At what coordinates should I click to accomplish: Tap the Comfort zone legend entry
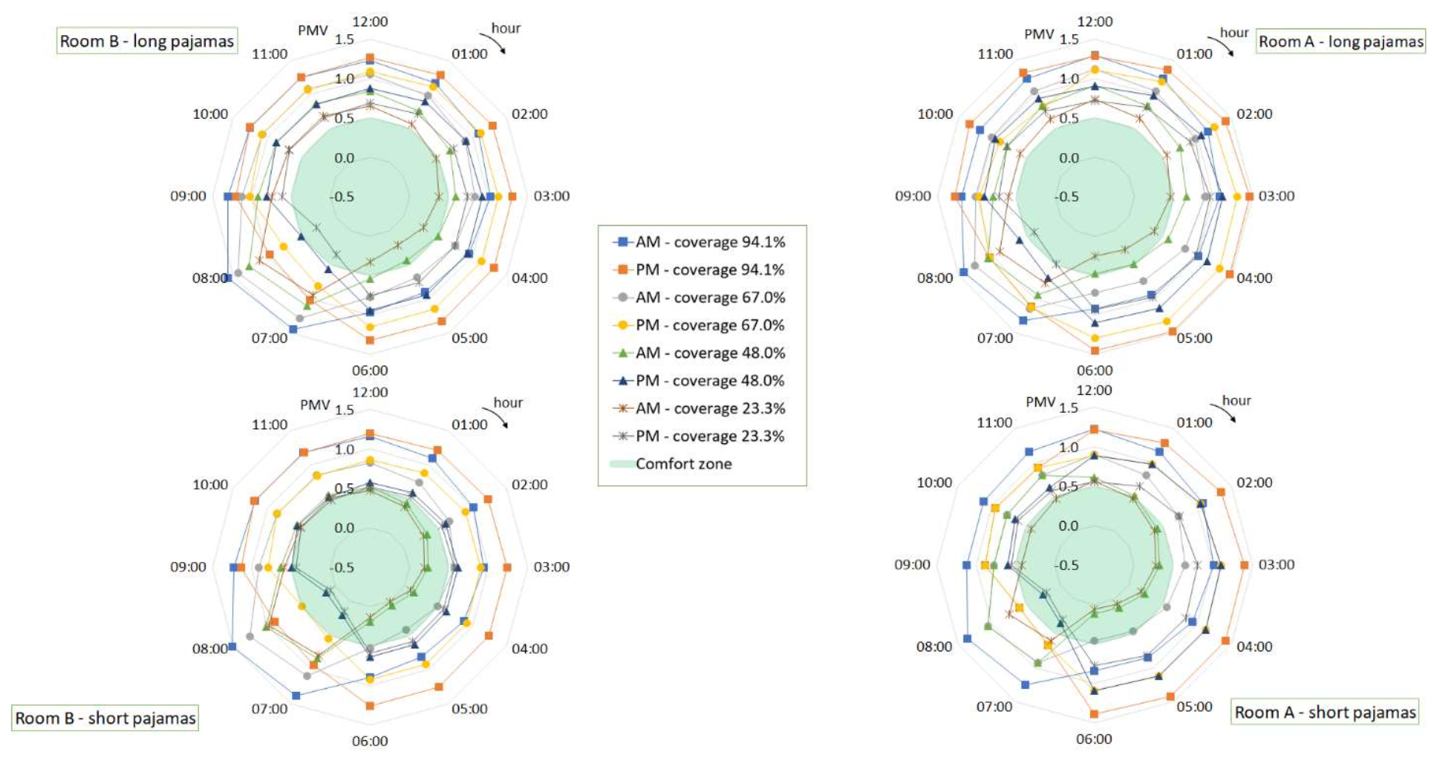683,464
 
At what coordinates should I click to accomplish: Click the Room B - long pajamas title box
147,41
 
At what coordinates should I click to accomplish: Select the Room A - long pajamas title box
1340,41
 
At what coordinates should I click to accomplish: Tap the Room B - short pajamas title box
105,718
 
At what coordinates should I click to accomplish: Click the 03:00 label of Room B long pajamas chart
551,196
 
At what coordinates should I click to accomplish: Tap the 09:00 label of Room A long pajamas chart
913,196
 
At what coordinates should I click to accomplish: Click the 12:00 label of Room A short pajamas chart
1094,390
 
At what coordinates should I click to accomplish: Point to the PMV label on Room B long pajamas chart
312,30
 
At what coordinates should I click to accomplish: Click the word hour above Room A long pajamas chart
1234,33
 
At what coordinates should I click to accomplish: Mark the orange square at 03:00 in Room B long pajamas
512,197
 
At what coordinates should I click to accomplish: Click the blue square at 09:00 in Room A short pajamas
967,565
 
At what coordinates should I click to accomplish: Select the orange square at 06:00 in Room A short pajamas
1094,714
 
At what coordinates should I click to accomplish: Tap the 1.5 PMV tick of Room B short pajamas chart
344,410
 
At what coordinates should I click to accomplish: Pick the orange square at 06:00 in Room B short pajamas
370,706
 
